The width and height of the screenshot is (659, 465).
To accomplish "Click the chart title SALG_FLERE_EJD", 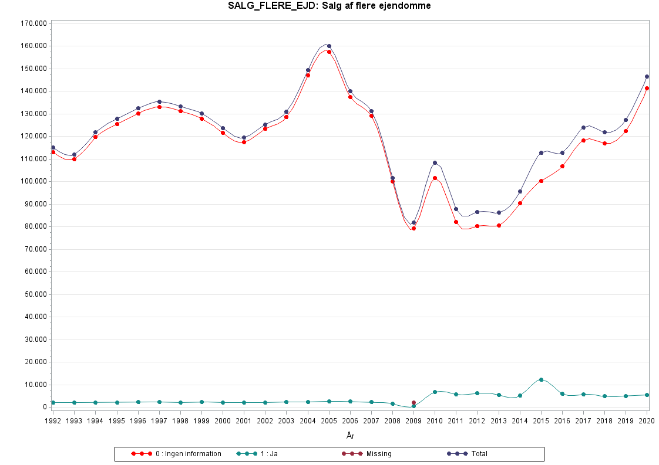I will (x=330, y=6).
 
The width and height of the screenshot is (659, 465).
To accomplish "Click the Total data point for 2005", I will (x=329, y=46).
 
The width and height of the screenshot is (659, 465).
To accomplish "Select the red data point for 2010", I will (x=435, y=178).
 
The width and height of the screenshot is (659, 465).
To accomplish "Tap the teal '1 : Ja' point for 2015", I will (x=541, y=379).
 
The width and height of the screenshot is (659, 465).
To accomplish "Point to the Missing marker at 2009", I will (x=413, y=403).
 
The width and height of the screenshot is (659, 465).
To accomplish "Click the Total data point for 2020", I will (x=647, y=76).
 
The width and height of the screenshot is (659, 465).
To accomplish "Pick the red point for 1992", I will (x=53, y=152).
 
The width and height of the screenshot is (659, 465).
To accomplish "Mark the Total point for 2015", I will (x=541, y=152).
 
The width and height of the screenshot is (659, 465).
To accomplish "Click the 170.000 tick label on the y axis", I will (x=33, y=23).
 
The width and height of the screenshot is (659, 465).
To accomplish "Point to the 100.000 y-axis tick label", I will (x=33, y=181).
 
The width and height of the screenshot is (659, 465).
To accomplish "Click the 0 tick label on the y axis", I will (x=44, y=407).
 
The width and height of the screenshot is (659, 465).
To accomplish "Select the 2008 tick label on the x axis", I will (x=392, y=420).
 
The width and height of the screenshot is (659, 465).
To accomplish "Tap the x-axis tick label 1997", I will (x=159, y=420).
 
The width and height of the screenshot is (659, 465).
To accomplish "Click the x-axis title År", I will (x=350, y=436).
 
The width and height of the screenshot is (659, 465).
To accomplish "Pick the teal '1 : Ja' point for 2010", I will (x=435, y=392).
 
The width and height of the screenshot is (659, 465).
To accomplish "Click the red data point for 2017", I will (x=583, y=140).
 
